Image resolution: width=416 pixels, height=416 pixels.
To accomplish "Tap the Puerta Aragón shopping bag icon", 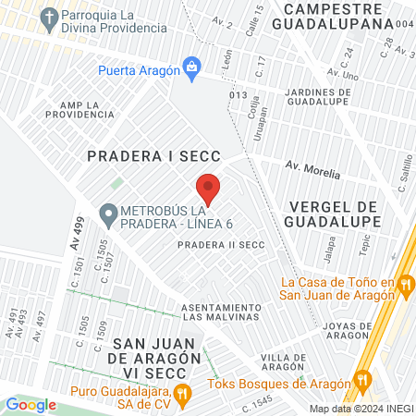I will [x=191, y=67].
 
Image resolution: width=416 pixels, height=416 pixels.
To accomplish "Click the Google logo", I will [x=31, y=404].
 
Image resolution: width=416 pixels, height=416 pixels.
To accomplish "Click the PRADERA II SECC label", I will [x=222, y=244].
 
